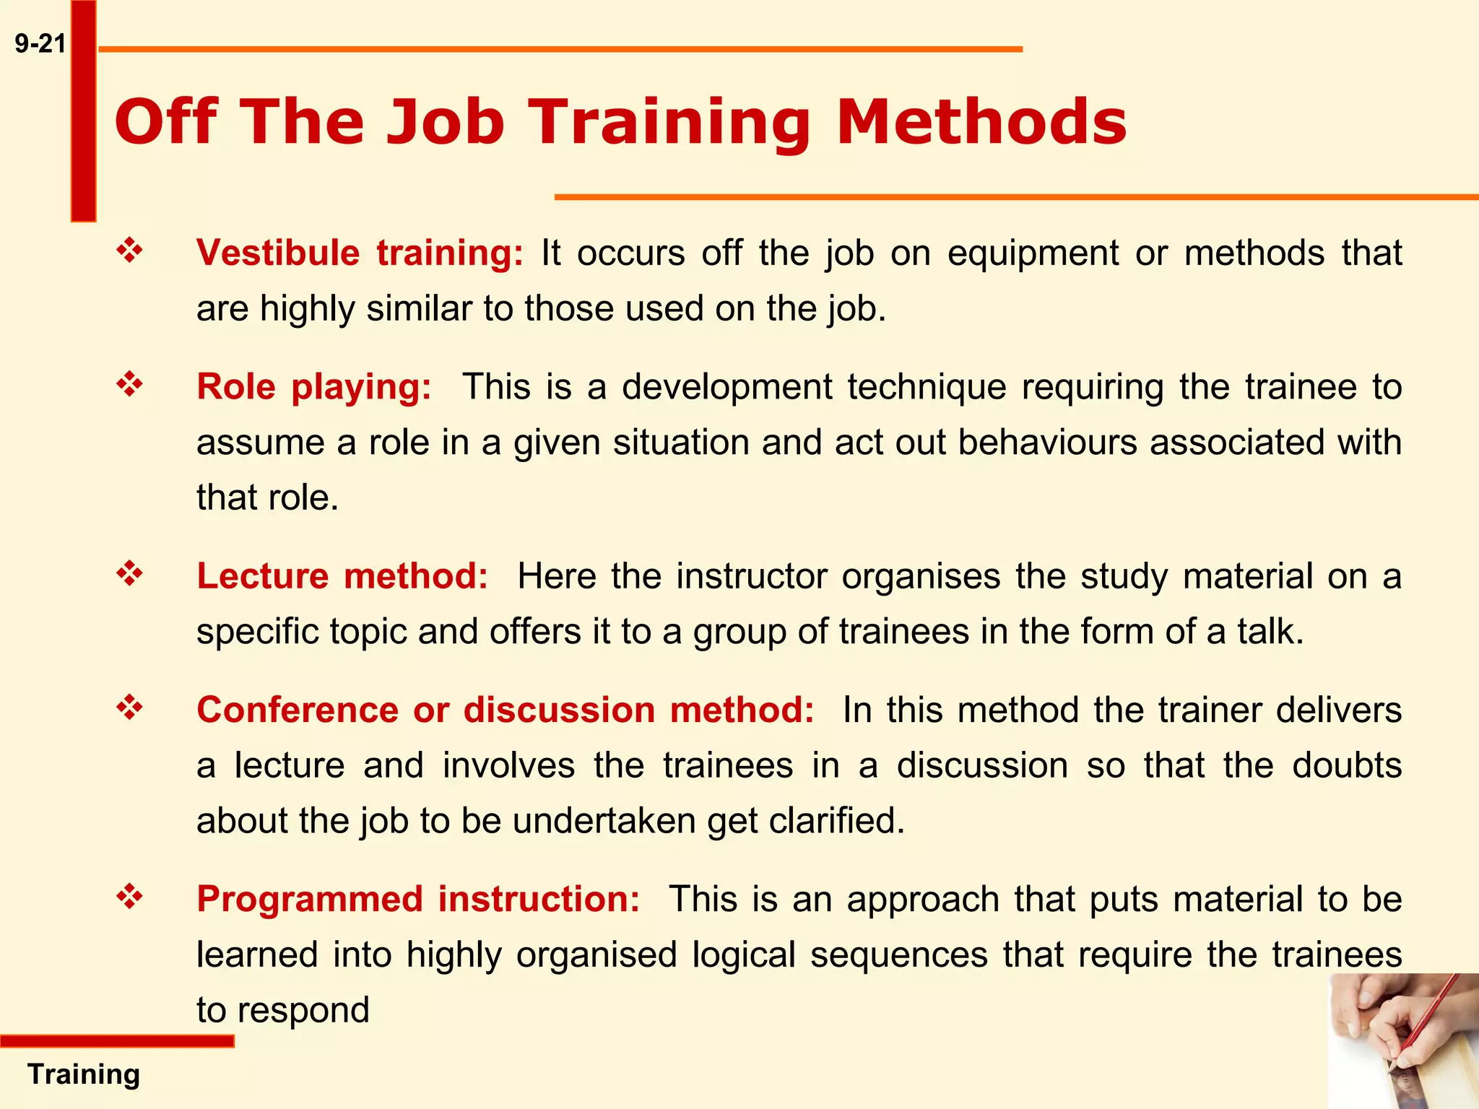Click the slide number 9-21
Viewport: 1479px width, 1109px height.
40,44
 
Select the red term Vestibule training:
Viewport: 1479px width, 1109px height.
360,253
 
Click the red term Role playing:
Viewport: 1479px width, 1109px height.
314,387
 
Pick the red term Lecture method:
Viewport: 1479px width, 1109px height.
342,577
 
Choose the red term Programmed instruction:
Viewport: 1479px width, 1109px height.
418,900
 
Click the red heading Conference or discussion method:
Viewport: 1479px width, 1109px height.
506,710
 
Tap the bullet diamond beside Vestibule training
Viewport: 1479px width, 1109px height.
129,251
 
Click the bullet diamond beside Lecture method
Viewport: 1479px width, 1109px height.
129,574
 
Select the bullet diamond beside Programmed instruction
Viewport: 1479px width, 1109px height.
129,897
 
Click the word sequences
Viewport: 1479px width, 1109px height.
899,955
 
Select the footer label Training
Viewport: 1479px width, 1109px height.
84,1074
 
